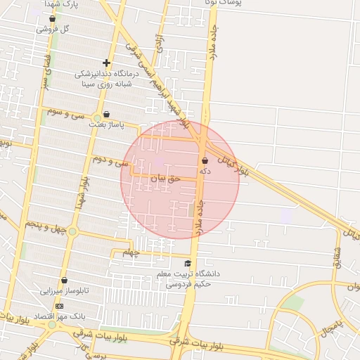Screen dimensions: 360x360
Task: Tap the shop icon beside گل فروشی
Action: [x=52, y=18]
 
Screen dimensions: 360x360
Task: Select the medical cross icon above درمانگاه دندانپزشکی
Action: [x=106, y=63]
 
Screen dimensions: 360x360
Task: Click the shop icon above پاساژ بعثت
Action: [x=106, y=114]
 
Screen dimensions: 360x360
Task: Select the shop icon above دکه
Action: [x=205, y=160]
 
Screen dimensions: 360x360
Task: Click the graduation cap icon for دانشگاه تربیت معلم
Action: [x=188, y=263]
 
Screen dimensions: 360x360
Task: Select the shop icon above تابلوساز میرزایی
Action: [x=64, y=281]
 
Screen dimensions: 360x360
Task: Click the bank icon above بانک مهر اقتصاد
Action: [x=59, y=307]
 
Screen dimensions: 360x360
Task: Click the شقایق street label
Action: [x=336, y=257]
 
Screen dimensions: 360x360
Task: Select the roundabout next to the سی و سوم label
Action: [x=96, y=117]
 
